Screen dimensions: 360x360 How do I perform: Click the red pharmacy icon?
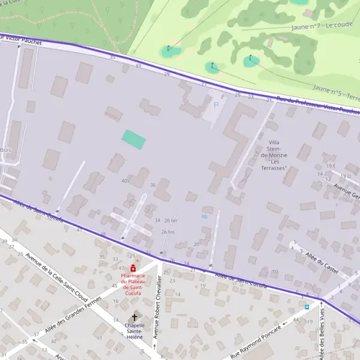133,268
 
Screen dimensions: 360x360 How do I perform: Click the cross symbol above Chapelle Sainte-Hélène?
134,317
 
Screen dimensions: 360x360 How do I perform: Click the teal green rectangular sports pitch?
134,140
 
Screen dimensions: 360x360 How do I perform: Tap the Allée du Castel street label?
323,262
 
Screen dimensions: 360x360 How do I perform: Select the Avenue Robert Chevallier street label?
158,306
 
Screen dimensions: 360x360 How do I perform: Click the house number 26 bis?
168,232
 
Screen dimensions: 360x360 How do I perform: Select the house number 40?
124,181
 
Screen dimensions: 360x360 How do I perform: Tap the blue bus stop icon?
307,306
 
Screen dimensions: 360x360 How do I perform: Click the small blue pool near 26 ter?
205,216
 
